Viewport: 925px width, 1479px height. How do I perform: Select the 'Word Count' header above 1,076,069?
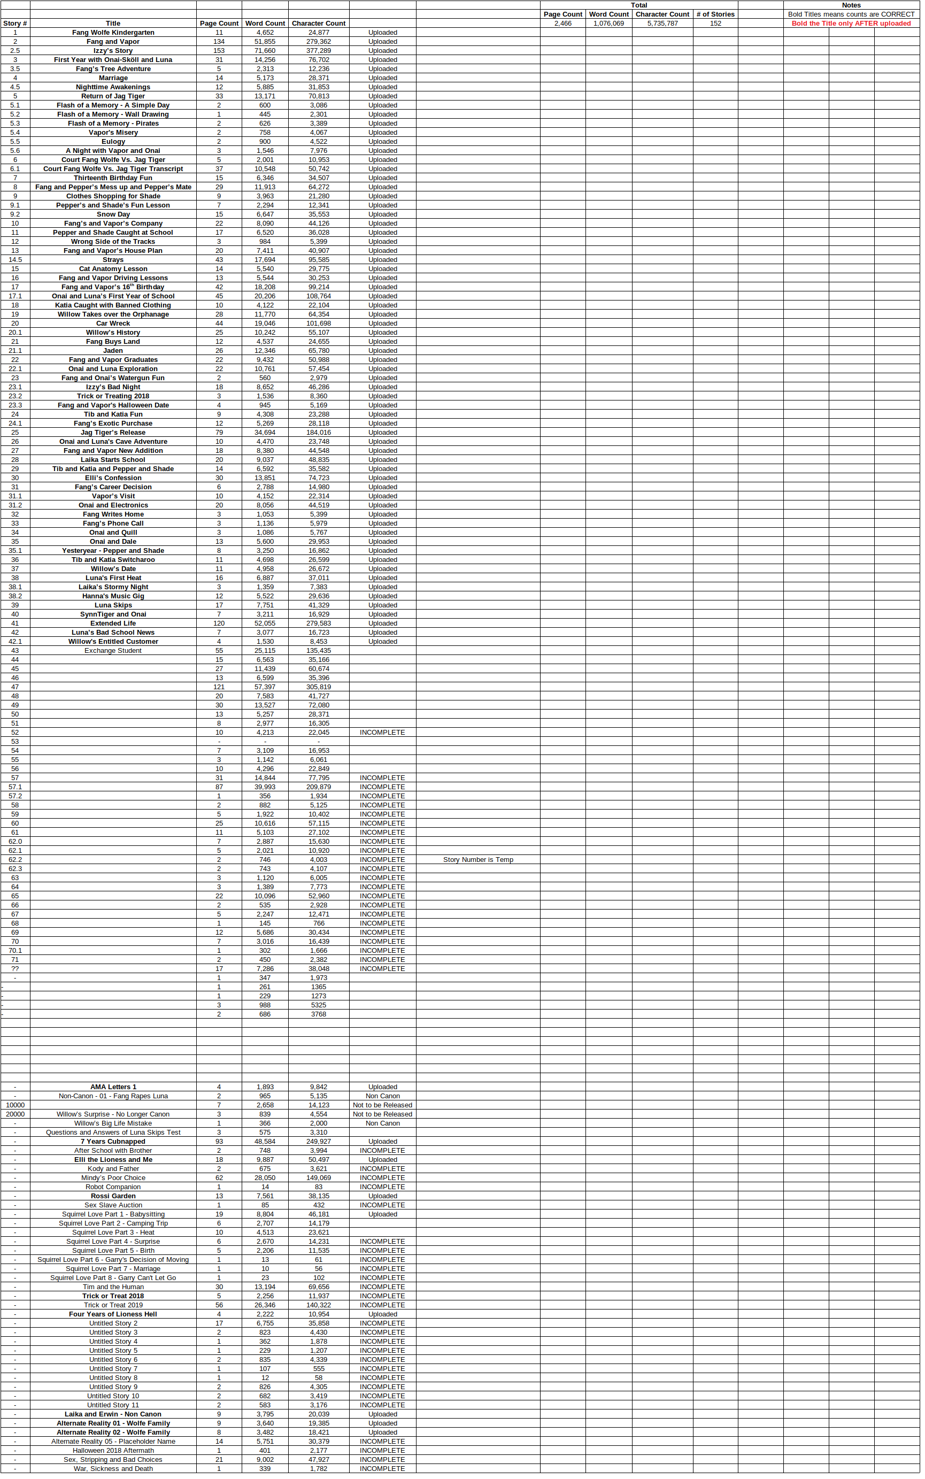[608, 14]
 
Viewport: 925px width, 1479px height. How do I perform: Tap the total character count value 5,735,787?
[662, 23]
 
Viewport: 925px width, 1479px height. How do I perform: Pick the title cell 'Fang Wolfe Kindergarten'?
[113, 33]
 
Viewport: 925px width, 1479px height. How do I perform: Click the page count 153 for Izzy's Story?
[219, 51]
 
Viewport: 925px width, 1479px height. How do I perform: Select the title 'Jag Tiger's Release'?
[113, 433]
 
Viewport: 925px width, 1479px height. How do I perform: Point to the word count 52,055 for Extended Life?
[265, 623]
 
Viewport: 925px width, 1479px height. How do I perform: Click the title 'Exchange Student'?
[113, 651]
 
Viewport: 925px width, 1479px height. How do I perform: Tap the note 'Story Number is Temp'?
[478, 860]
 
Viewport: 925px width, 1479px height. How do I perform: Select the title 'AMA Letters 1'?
[113, 1087]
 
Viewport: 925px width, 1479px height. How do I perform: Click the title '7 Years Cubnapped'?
[113, 1142]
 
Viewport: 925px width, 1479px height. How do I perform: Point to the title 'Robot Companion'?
[113, 1187]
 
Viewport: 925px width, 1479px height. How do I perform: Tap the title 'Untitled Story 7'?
[113, 1369]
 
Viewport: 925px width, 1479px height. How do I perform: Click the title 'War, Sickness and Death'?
[113, 1469]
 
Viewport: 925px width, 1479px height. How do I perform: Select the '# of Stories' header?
[715, 14]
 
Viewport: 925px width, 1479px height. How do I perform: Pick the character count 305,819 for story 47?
[318, 687]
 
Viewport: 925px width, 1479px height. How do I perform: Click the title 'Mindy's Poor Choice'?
[113, 1178]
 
